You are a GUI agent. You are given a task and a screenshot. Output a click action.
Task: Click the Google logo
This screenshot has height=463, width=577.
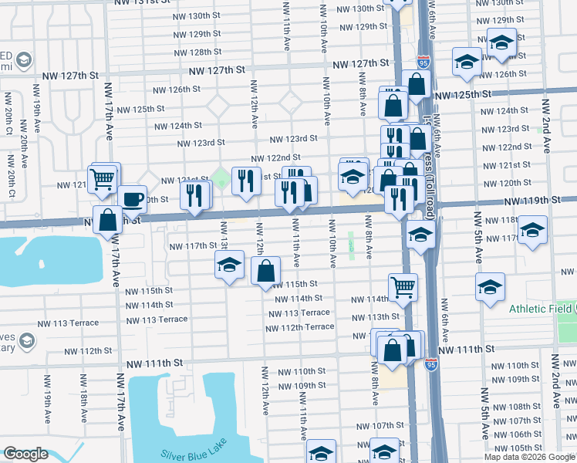[25, 455]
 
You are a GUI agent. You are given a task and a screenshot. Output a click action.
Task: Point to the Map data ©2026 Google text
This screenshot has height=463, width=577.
[530, 457]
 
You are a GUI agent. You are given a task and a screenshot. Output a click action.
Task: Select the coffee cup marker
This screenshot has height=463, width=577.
[132, 199]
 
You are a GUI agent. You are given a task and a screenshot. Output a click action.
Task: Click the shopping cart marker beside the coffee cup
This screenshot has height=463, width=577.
[103, 178]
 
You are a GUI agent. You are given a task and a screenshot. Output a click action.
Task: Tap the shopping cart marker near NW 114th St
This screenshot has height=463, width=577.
[403, 288]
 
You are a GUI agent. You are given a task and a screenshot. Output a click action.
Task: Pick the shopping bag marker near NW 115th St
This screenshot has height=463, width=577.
[265, 271]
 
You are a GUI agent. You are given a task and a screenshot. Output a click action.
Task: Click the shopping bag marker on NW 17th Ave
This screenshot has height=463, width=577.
[107, 220]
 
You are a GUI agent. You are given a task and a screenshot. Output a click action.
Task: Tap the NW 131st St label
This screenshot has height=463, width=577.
[142, 3]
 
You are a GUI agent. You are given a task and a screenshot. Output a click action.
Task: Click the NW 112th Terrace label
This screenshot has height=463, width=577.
[300, 327]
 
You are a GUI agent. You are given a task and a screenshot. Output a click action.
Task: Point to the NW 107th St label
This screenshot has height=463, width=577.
[375, 426]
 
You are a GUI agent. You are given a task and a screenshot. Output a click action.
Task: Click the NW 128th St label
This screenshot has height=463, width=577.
[193, 52]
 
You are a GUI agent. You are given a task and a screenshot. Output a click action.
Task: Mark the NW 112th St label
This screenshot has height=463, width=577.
[88, 351]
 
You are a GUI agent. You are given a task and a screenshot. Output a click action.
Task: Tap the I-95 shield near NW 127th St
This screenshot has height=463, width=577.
[423, 60]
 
